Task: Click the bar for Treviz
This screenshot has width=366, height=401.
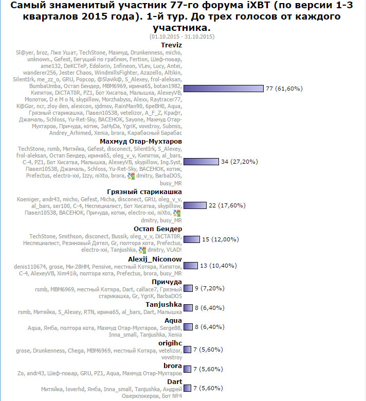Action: point(223,89)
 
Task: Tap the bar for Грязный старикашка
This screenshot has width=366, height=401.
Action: point(194,205)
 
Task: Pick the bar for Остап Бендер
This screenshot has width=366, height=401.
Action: point(191,239)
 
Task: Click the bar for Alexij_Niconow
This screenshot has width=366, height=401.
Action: point(190,265)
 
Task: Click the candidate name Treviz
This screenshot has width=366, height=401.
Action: point(171,45)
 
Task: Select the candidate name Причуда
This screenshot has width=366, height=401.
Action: point(167,282)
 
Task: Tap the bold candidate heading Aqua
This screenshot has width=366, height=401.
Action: point(173,320)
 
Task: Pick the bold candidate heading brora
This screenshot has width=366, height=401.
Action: point(172,365)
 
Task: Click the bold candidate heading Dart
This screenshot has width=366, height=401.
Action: point(174,381)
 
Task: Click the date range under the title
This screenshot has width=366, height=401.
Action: point(182,37)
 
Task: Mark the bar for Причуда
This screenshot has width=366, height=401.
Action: point(188,288)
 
